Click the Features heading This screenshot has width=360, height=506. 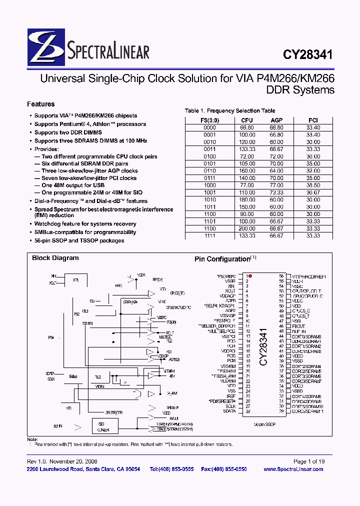pyautogui.click(x=40, y=104)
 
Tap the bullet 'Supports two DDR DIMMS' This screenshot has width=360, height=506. pyautogui.click(x=68, y=132)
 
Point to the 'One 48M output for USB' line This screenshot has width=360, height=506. pyautogui.click(x=73, y=185)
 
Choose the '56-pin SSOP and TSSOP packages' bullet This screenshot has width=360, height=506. pyautogui.click(x=79, y=240)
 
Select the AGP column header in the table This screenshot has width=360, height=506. pyautogui.click(x=276, y=120)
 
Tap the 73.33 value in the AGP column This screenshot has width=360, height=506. pyautogui.click(x=276, y=192)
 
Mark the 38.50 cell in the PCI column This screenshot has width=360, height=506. pyautogui.click(x=313, y=184)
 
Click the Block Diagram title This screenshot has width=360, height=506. pyautogui.click(x=55, y=258)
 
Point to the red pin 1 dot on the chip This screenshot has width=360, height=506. pyautogui.click(x=250, y=275)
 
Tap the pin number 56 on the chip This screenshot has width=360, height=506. pyautogui.click(x=281, y=276)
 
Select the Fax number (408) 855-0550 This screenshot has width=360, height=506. pyautogui.click(x=231, y=469)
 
